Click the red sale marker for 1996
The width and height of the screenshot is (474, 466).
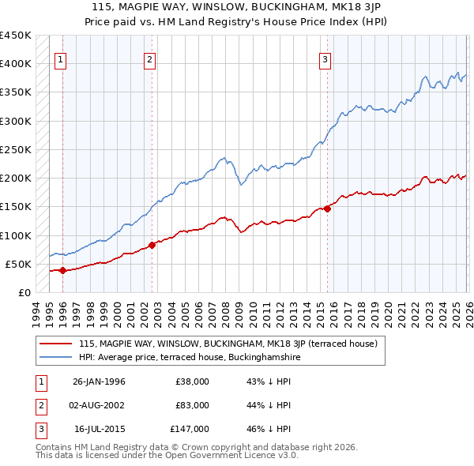click(62, 270)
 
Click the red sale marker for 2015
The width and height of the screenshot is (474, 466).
click(327, 209)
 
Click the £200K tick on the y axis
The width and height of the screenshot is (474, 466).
click(15, 179)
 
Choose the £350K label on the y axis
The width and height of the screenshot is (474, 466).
click(15, 92)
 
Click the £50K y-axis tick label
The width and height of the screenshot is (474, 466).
click(18, 264)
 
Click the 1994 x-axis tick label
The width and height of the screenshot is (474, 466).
click(36, 314)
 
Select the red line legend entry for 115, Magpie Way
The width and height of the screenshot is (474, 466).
click(228, 344)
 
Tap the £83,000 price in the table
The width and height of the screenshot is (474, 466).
click(193, 405)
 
